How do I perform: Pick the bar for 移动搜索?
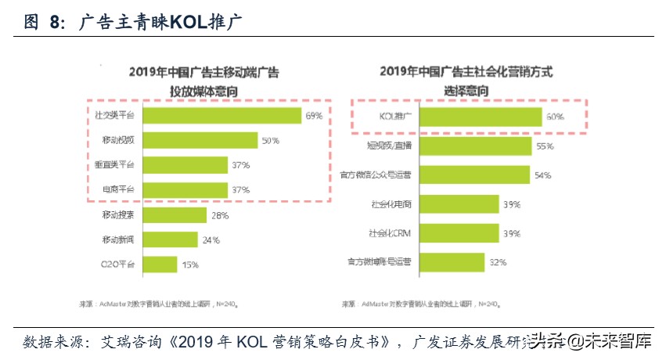click(174, 215)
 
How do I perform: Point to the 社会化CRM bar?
click(459, 232)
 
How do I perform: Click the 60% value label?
click(555, 117)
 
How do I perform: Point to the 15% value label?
click(190, 265)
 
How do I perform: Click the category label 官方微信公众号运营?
click(377, 175)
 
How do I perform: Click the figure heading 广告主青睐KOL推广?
click(160, 23)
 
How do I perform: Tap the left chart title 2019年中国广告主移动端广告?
click(204, 73)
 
